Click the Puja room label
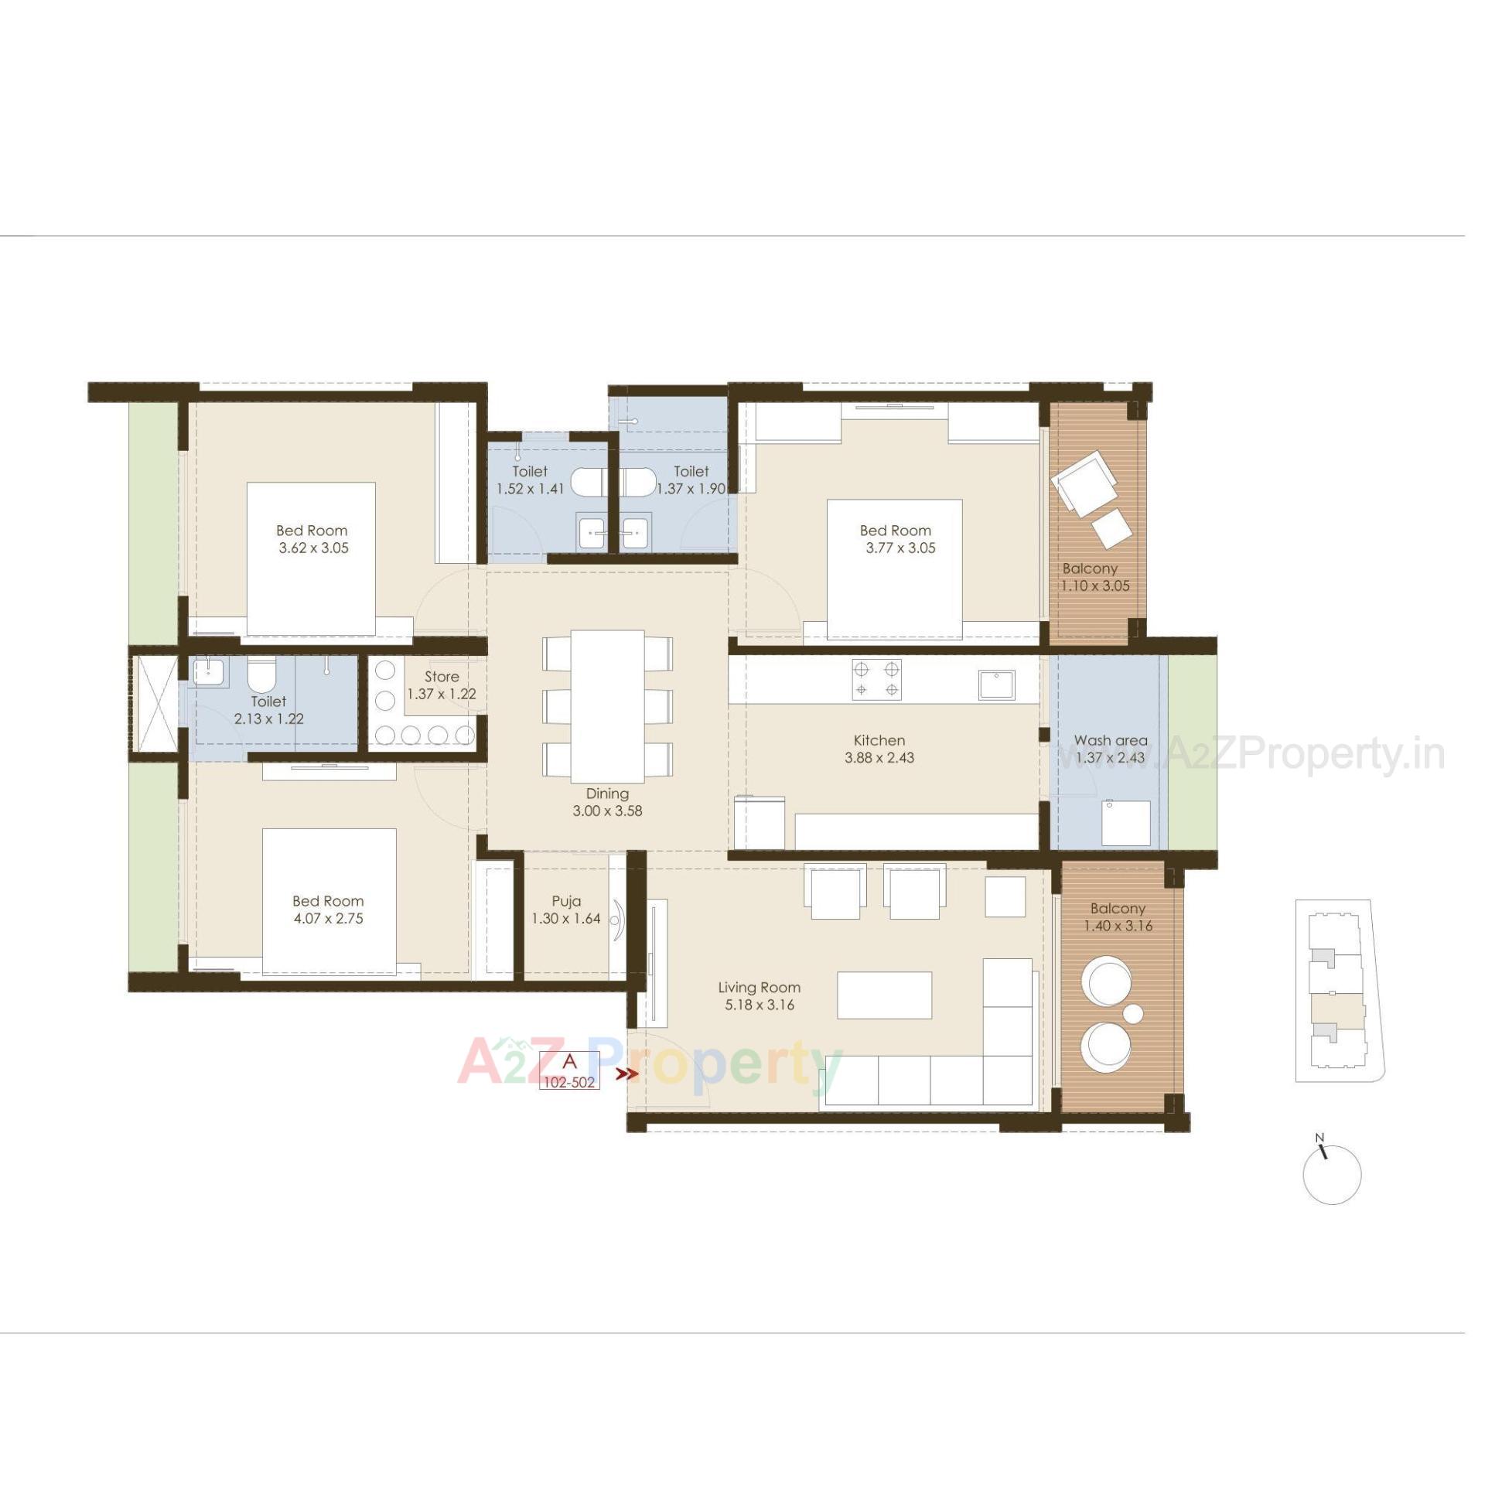coord(566,901)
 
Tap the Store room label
coord(441,677)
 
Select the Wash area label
coord(1110,740)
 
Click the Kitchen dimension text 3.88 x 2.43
coord(879,758)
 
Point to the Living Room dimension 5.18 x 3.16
coord(759,1005)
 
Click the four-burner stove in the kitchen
coord(876,679)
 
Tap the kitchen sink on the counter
coord(997,684)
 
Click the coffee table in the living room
coord(884,995)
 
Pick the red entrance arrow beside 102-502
coord(626,1074)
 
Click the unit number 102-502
coord(569,1083)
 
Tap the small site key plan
coord(1339,991)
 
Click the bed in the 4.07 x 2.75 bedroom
coord(329,901)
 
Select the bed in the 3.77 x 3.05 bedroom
coord(894,568)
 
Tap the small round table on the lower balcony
coord(1132,1013)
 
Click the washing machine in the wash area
coord(1125,824)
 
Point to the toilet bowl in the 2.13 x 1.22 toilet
coord(261,677)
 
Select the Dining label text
coord(607,794)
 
